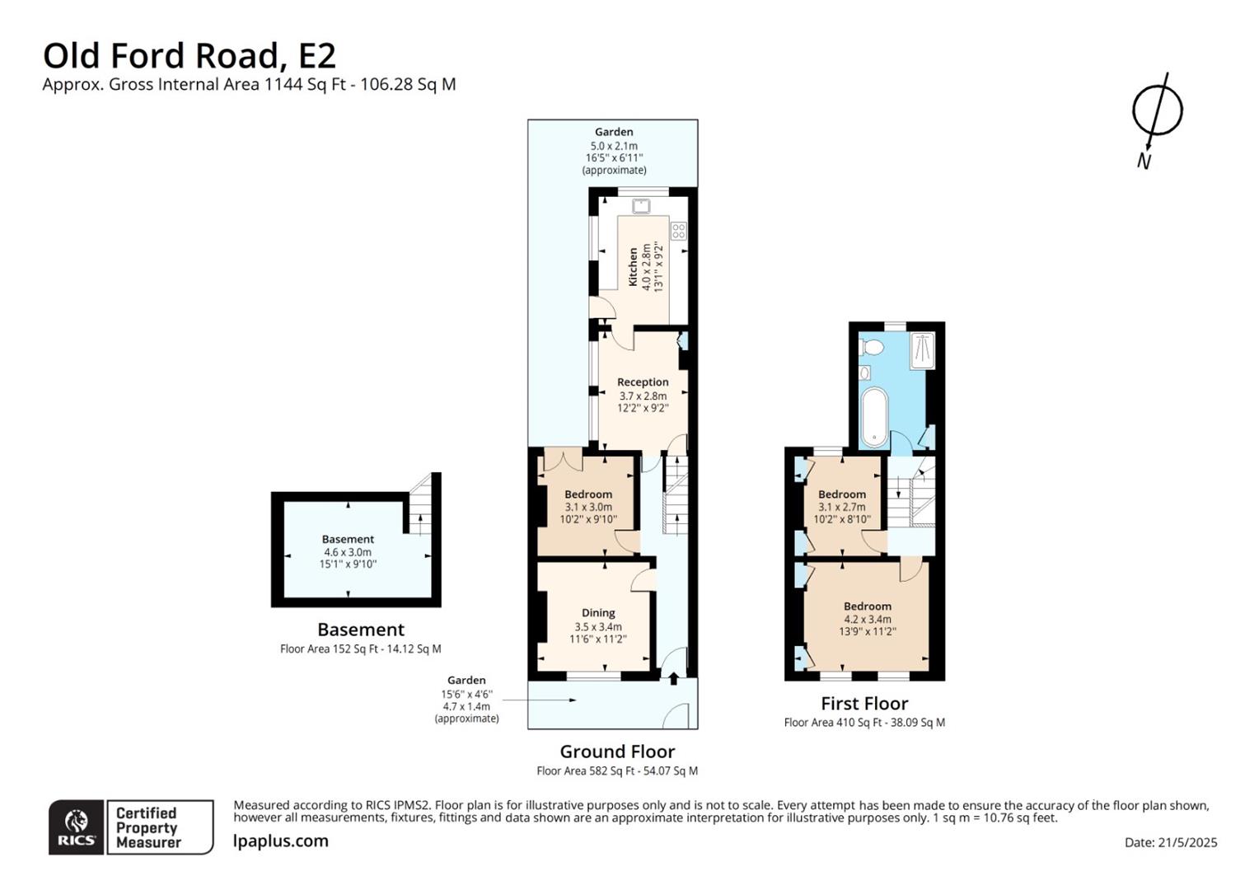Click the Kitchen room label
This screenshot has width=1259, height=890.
pyautogui.click(x=633, y=267)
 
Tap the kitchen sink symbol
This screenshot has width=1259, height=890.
pyautogui.click(x=641, y=206)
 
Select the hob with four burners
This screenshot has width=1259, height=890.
pyautogui.click(x=678, y=231)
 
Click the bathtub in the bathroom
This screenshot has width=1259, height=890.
pyautogui.click(x=874, y=417)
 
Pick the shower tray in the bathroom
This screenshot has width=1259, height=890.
pyautogui.click(x=922, y=351)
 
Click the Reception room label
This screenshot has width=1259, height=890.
pyautogui.click(x=643, y=382)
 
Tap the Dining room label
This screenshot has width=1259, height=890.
pyautogui.click(x=598, y=613)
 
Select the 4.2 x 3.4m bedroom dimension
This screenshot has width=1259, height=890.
pyautogui.click(x=868, y=619)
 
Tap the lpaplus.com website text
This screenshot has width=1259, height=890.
pyautogui.click(x=280, y=841)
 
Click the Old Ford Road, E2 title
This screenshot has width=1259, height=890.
pyautogui.click(x=190, y=56)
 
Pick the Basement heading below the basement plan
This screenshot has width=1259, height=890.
pyautogui.click(x=361, y=629)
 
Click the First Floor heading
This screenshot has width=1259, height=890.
pyautogui.click(x=864, y=703)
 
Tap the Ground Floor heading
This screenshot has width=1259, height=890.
pyautogui.click(x=617, y=752)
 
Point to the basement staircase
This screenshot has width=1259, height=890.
pyautogui.click(x=420, y=504)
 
